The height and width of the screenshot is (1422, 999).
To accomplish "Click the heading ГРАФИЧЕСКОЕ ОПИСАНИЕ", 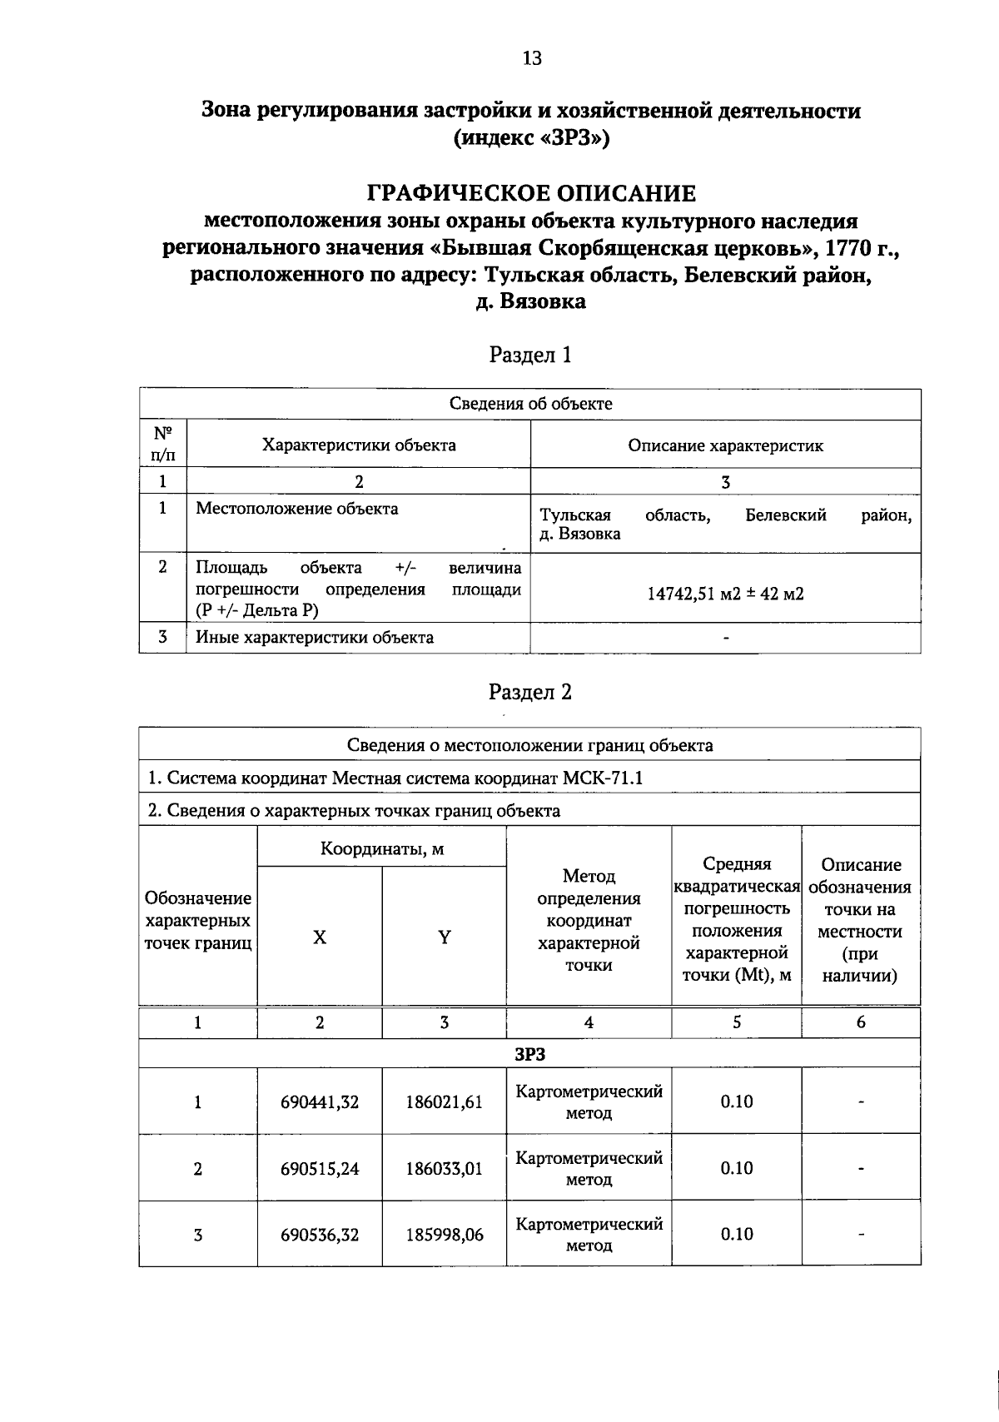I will (x=531, y=194).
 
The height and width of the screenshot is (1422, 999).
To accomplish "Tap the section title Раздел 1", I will (x=530, y=355).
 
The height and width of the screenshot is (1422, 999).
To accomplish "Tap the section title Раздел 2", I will (x=530, y=692).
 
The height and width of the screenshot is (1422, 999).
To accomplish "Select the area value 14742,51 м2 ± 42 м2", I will (x=725, y=594).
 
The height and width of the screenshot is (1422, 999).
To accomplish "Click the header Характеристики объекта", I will (x=359, y=445).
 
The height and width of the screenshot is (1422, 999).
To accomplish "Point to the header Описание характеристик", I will (x=725, y=445).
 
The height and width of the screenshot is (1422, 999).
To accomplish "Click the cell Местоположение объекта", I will (x=296, y=509).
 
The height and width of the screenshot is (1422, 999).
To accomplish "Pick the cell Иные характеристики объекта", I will (x=314, y=638).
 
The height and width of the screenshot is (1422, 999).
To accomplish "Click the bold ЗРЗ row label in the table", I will (x=529, y=1053).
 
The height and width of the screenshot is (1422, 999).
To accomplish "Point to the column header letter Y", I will (x=445, y=937).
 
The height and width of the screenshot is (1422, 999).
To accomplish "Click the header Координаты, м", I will (x=382, y=849).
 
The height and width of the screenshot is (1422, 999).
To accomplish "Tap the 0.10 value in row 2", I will (x=737, y=1168).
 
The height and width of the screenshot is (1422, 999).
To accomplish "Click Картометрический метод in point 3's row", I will (x=589, y=1235).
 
